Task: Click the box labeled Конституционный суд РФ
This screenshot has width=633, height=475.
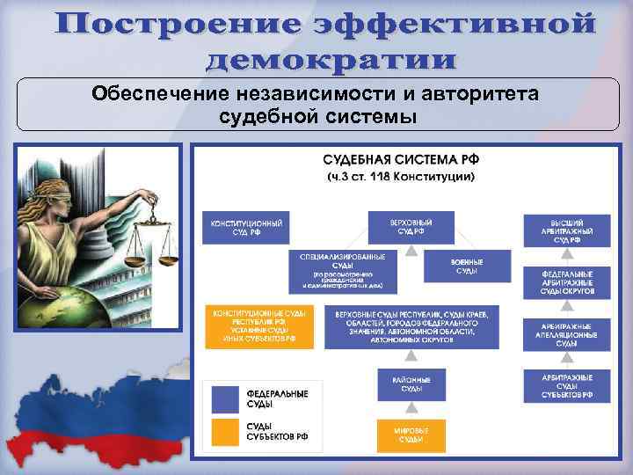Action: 246,228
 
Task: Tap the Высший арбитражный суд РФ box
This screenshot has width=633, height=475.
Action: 566,230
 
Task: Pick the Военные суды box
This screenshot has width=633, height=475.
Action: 466,266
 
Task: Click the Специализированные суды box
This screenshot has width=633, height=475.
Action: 342,271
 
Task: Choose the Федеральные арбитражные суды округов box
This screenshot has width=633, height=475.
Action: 566,281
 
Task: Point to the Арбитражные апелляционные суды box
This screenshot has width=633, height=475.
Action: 566,334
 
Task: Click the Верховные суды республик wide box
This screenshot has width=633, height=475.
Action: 411,325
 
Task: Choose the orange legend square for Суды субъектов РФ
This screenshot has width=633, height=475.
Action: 225,432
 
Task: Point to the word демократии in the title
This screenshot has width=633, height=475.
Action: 331,60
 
